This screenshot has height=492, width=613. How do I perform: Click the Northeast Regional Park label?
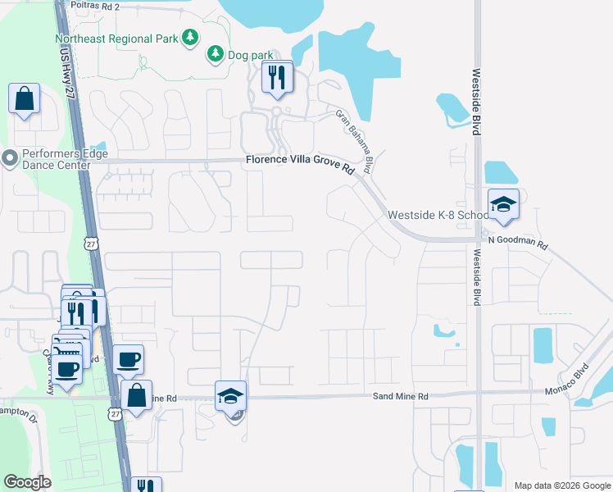click(117, 39)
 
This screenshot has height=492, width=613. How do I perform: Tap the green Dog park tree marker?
click(215, 54)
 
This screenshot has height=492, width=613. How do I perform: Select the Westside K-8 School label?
click(437, 215)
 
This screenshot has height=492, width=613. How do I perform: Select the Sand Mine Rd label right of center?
click(401, 396)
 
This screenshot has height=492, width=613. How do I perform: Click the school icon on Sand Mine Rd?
click(230, 397)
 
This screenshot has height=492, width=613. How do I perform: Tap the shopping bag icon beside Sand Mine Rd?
click(136, 395)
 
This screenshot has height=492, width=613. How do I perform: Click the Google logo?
click(27, 482)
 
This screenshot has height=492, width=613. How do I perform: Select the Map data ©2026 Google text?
click(561, 485)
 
